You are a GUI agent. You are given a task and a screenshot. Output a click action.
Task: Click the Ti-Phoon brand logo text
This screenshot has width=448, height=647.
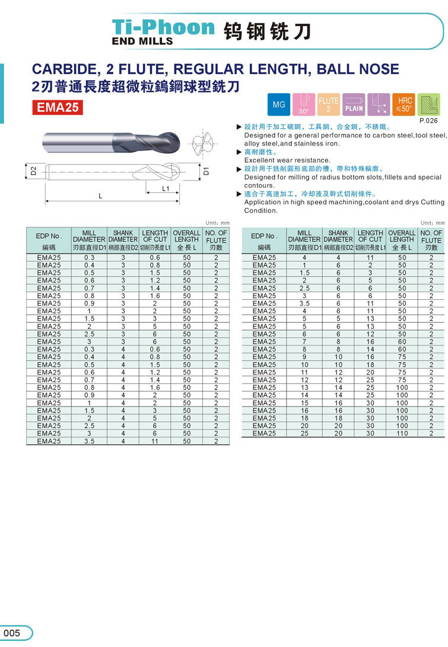click(x=163, y=27)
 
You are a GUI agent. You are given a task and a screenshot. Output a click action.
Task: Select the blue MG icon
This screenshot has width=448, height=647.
click(x=278, y=104)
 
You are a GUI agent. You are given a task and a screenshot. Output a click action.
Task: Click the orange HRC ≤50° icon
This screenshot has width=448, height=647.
click(x=404, y=104)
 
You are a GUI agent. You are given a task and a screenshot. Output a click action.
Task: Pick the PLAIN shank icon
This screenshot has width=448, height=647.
click(x=354, y=104)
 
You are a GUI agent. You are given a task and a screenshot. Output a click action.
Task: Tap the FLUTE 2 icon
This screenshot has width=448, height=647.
click(x=328, y=104)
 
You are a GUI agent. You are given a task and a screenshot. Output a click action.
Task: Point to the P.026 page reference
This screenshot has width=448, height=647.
click(x=428, y=120)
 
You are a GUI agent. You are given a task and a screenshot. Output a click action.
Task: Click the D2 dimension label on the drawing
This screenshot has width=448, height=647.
click(x=34, y=171)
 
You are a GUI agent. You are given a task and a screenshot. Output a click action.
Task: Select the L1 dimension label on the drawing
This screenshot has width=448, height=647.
click(x=166, y=189)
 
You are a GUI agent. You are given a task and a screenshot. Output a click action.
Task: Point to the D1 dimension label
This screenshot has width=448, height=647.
click(x=206, y=171)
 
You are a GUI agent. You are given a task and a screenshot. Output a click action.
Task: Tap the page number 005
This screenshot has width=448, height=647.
click(x=12, y=633)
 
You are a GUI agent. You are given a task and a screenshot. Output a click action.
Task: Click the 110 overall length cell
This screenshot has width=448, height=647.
click(x=402, y=433)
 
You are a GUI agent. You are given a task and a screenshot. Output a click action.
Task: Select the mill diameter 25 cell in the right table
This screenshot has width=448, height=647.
click(x=304, y=433)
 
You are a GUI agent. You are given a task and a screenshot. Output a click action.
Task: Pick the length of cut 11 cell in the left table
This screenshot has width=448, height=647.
click(x=155, y=441)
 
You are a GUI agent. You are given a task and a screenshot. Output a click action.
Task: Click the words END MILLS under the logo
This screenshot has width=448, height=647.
click(x=142, y=42)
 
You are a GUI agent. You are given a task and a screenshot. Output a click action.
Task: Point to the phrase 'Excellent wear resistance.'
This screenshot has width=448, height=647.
click(x=287, y=160)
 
